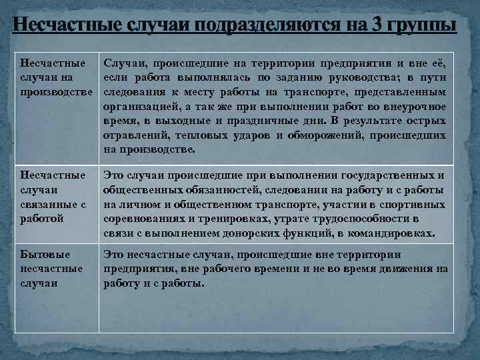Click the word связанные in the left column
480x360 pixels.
click(x=49, y=205)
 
